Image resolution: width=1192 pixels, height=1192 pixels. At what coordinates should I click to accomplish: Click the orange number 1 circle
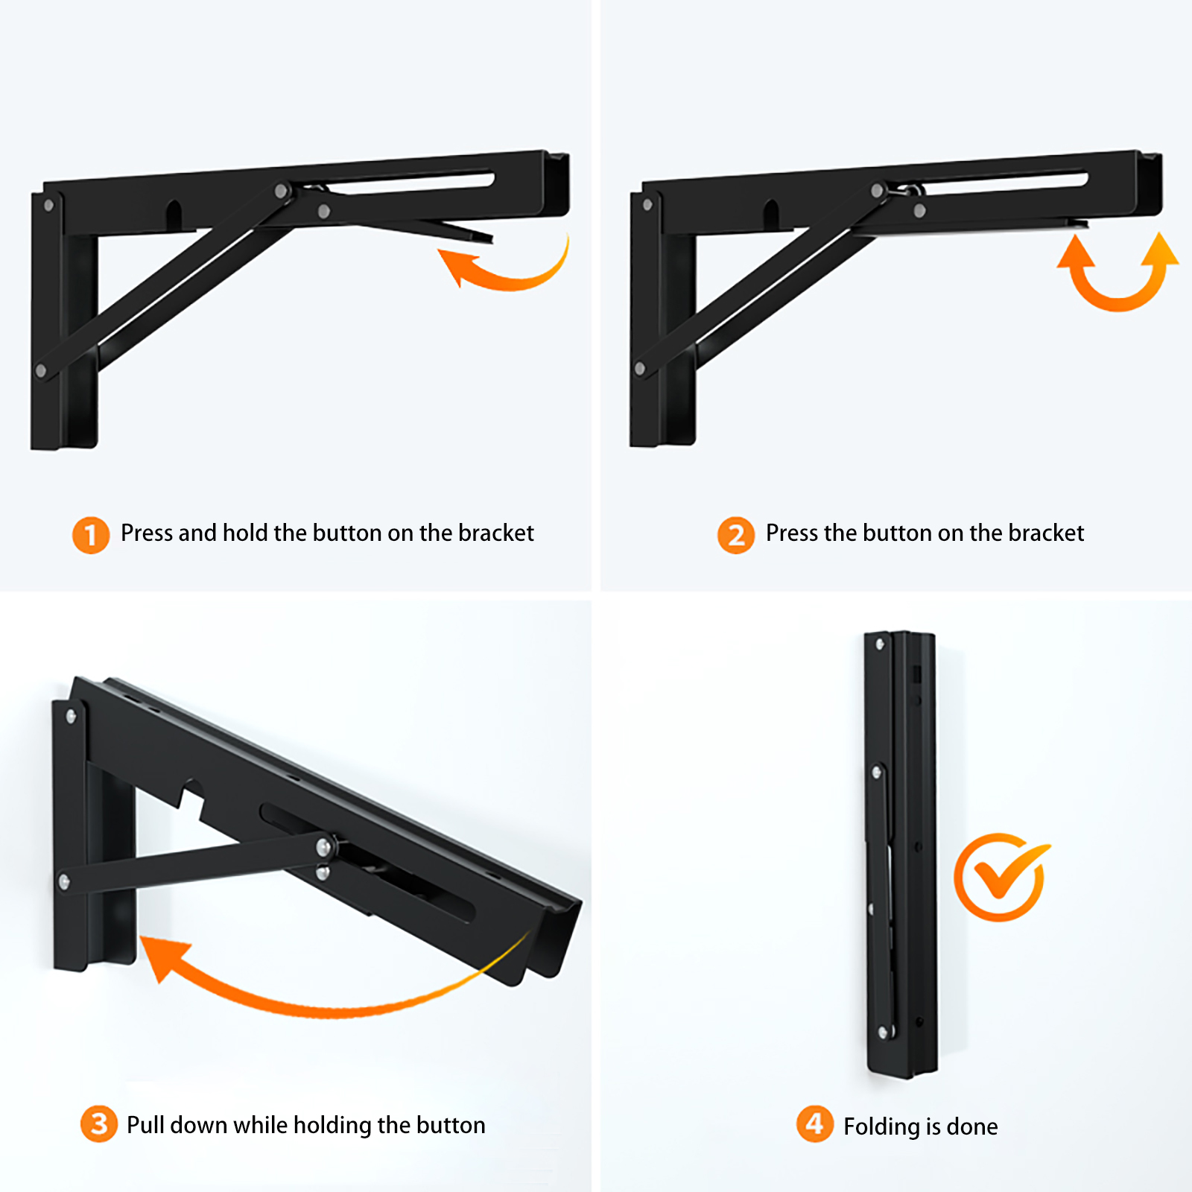pos(91,535)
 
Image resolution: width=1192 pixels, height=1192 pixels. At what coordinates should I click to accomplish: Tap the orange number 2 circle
pos(736,535)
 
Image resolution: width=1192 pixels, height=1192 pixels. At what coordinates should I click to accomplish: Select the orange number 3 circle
pos(99,1124)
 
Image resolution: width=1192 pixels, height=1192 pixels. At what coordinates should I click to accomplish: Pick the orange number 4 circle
pos(815,1124)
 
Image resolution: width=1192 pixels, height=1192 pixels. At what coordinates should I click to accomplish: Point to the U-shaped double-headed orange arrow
pos(1117,302)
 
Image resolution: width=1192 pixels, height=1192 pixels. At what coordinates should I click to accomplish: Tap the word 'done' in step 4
pos(972,1126)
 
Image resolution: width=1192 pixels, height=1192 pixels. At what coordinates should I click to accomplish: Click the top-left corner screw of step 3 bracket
pos(71,717)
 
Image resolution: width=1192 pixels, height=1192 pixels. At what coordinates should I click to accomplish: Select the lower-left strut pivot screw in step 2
pos(640,368)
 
